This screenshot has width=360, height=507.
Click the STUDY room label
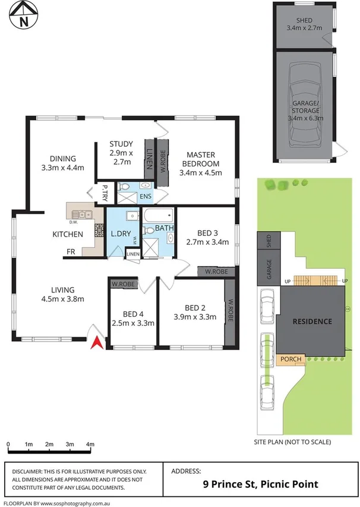point(121,144)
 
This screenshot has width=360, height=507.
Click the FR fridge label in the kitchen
point(70,252)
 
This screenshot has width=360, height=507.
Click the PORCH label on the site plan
point(292,360)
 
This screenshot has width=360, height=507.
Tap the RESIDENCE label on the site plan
point(311,322)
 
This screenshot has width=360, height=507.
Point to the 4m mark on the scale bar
point(90,444)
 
